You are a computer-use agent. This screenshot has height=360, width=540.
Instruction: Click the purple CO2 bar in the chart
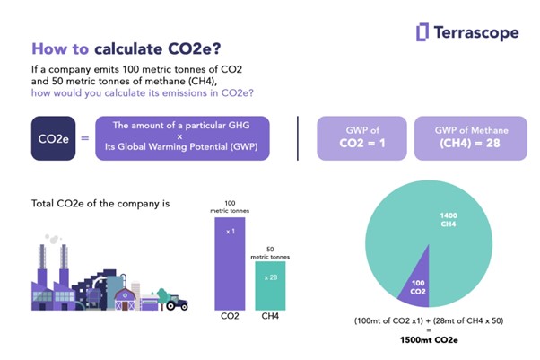[x=230, y=260]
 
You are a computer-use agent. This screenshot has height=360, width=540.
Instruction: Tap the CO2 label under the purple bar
[x=230, y=316]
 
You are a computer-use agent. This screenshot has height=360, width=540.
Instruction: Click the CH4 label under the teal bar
[x=270, y=316]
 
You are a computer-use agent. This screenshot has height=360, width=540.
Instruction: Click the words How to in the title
[x=58, y=48]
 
